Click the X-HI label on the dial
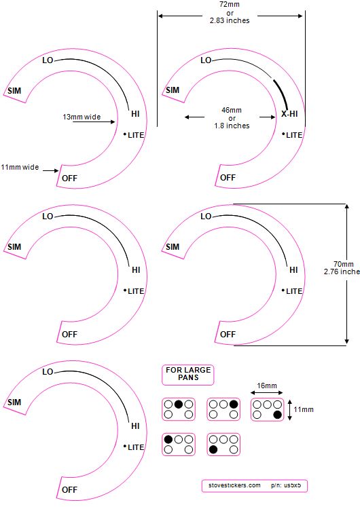[x=289, y=114]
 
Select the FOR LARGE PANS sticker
[x=188, y=375]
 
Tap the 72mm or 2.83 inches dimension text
[x=230, y=13]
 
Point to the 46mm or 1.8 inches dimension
[x=232, y=117]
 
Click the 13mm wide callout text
[x=82, y=117]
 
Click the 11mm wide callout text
[x=20, y=167]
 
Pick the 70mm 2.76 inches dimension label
[x=342, y=267]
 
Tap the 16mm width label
[x=267, y=386]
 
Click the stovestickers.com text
[x=234, y=485]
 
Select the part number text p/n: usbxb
[x=286, y=485]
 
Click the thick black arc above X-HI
[x=281, y=94]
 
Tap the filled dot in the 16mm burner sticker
[x=277, y=415]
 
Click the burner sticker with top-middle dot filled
[x=179, y=409]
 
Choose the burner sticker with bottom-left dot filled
[x=223, y=445]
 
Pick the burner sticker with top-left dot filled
[x=179, y=445]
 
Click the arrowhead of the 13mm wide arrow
[x=113, y=122]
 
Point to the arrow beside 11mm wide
[x=51, y=170]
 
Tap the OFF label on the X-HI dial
[x=228, y=178]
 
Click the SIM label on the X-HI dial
[x=173, y=90]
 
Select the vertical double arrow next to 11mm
[x=290, y=410]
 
